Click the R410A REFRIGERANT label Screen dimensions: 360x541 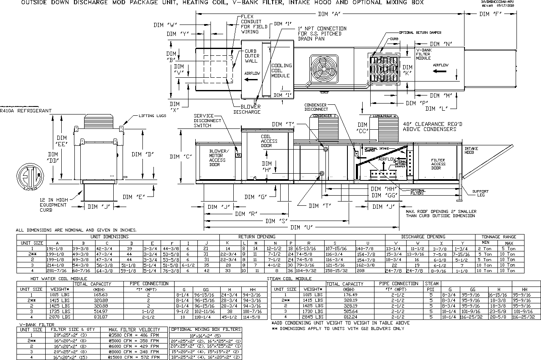(x=26, y=111)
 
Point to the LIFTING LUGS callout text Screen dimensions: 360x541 (x=154, y=116)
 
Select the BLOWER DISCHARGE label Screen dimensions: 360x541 (x=247, y=109)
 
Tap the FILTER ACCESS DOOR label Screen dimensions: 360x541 (x=438, y=164)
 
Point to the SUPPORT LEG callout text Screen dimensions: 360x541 (x=480, y=193)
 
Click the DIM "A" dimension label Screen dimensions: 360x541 (x=330, y=14)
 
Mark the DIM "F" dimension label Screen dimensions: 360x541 (x=491, y=14)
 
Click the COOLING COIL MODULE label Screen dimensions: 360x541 (x=281, y=71)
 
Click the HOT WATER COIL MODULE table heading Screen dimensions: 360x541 (x=59, y=279)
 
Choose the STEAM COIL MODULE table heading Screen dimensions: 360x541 (x=295, y=279)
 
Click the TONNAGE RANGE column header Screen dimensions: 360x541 (x=500, y=237)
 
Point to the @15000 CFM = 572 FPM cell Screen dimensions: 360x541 (x=134, y=357)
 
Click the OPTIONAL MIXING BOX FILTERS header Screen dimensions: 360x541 (x=206, y=329)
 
